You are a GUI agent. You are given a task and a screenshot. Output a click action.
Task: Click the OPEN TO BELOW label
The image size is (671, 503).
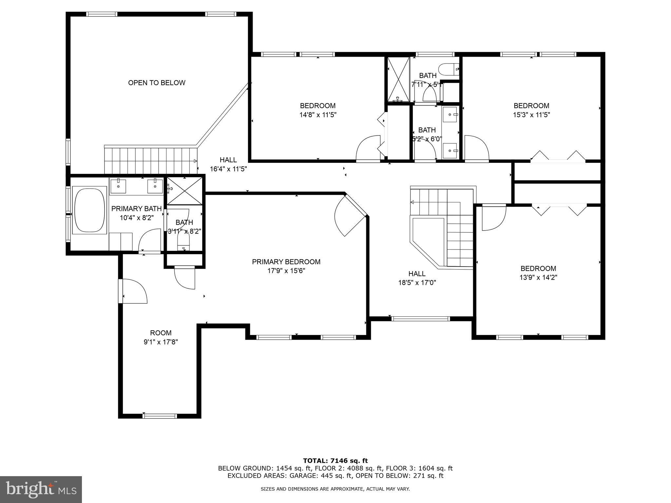157,83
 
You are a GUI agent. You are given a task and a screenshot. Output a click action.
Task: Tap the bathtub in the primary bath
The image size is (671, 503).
89,210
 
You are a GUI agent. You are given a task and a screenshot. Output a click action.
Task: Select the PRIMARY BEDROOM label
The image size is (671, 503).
286,262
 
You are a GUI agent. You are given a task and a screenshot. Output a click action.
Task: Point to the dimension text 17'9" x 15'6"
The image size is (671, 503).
286,271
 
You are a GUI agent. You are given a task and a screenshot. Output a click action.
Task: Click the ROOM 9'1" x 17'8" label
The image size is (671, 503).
161,337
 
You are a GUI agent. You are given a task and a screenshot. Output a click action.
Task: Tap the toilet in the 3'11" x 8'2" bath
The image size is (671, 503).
183,244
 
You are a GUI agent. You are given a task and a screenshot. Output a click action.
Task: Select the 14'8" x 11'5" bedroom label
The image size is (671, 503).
317,110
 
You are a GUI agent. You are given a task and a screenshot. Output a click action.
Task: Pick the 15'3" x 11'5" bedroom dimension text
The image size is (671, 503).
531,115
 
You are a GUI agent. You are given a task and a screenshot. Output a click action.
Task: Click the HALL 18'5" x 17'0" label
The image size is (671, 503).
417,278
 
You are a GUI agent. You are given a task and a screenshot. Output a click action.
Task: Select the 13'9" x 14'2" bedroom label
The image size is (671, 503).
538,273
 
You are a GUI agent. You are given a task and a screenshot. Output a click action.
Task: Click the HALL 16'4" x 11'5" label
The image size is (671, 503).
228,164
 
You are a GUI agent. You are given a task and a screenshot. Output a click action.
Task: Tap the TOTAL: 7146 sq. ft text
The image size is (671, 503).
335,461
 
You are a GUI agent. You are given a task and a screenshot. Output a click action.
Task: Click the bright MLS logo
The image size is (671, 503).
41,489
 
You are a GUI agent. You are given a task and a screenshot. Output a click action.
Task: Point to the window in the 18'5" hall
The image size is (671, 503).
421,319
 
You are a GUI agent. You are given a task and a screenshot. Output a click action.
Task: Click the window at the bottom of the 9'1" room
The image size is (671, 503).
160,416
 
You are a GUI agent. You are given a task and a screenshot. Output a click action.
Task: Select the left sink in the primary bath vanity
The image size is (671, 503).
118,186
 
